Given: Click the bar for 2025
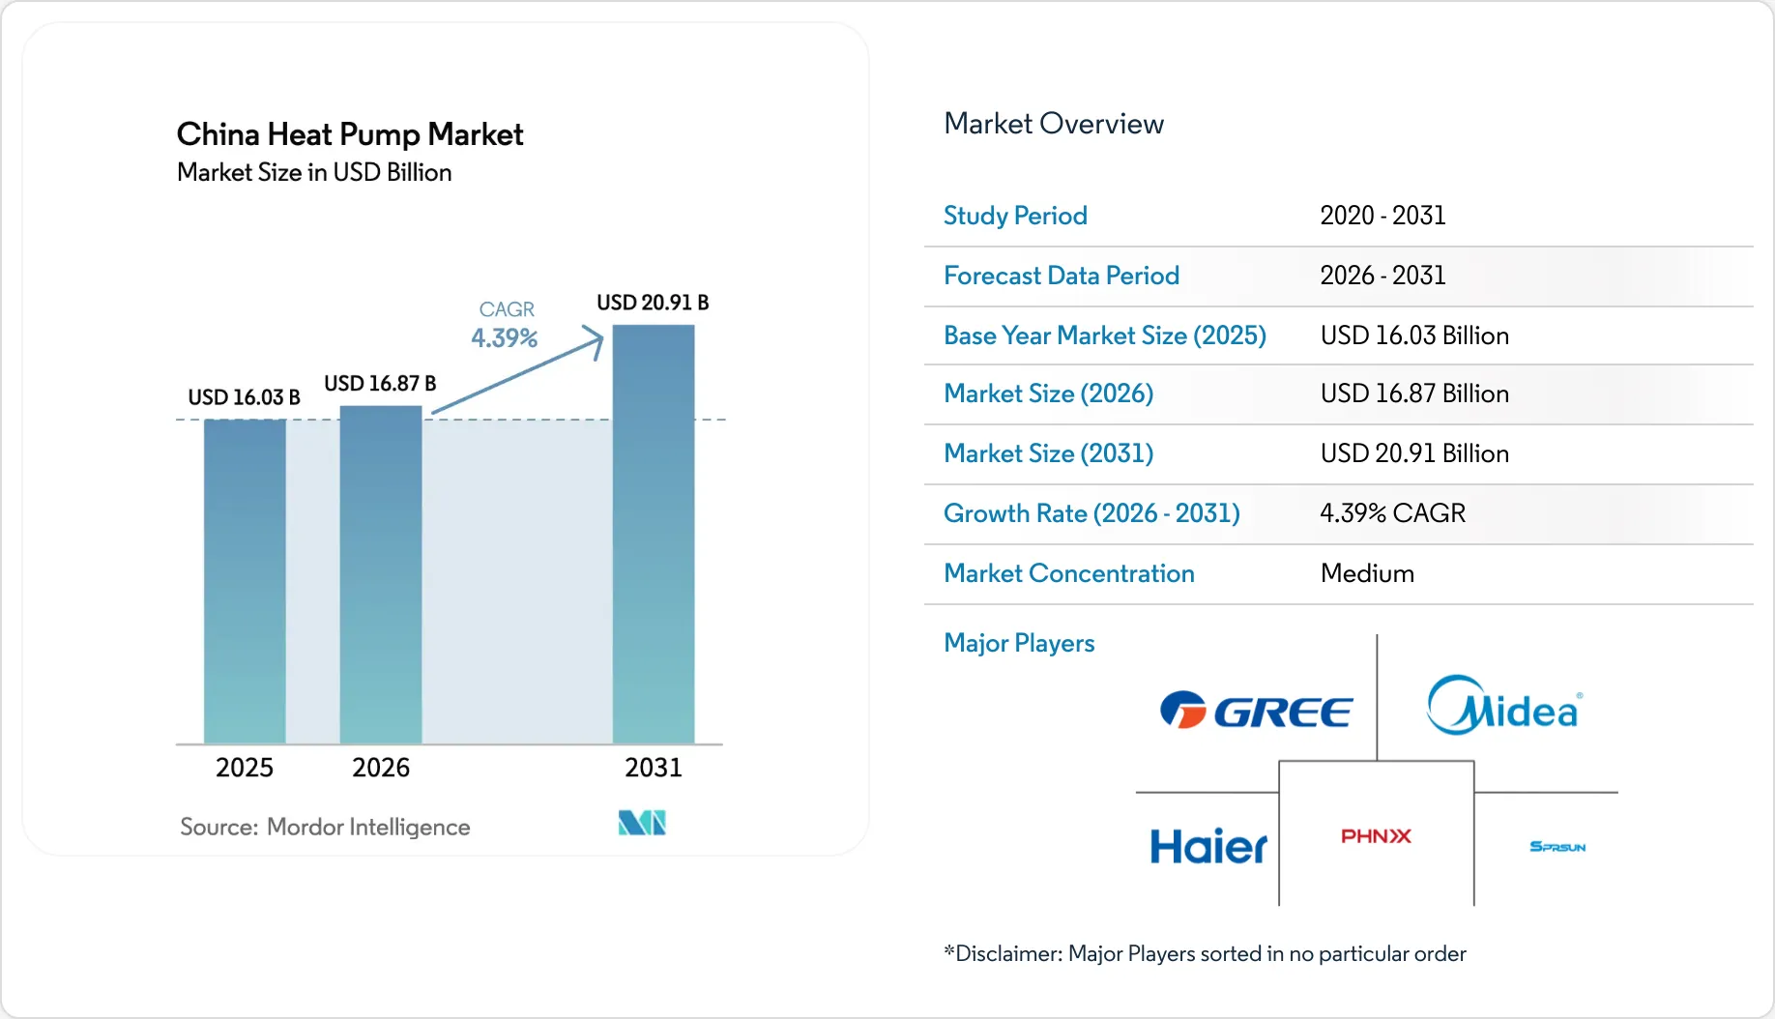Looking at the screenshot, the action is (245, 581).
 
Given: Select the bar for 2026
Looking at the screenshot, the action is (381, 574).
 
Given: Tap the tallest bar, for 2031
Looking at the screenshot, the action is (654, 534).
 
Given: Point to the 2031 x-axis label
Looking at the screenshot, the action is (654, 768).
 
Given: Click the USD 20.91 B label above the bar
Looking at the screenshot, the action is (653, 303).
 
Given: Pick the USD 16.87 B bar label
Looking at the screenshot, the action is (380, 384).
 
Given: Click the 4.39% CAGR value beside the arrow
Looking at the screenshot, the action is (505, 338).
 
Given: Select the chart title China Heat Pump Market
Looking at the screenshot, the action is (350, 134).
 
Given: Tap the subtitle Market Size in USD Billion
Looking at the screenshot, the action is (314, 172).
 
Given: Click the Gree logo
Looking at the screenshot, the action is (1256, 712).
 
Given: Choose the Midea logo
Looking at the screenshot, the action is (1504, 706).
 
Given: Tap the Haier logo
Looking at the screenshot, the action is (1208, 847).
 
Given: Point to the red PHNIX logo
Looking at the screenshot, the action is (1376, 836).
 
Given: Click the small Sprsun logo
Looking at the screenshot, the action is (1557, 847).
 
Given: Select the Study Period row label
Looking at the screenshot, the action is (1015, 216).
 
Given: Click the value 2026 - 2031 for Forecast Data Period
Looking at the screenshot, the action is (1382, 276).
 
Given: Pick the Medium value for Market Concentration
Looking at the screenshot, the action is (1367, 573).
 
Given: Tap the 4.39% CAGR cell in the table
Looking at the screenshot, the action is (1393, 513).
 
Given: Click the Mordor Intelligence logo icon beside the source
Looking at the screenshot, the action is (642, 823).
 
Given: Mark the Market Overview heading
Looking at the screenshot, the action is (1054, 124).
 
